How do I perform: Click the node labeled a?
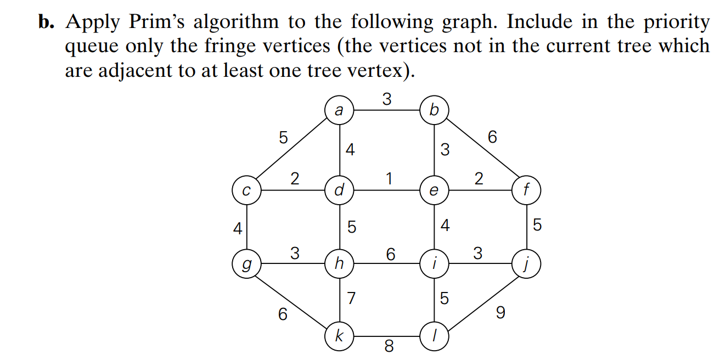(339, 110)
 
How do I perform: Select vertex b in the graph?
(434, 110)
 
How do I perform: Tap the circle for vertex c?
(246, 191)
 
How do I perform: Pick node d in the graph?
(339, 191)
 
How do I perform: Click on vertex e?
(434, 191)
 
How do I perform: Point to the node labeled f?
(526, 191)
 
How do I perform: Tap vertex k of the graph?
(339, 336)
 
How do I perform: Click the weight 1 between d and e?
(389, 179)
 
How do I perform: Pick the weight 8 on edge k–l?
(389, 347)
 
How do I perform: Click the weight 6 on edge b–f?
(492, 137)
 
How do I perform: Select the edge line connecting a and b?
(386, 110)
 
